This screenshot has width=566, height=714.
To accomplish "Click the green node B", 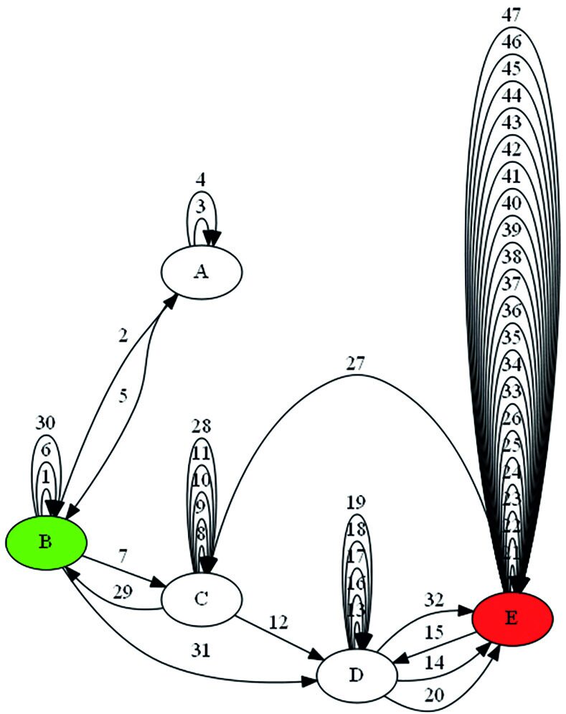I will coord(47,542).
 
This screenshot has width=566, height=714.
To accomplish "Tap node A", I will coord(202,271).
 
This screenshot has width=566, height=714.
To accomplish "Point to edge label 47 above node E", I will coord(511,14).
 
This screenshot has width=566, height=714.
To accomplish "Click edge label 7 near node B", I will coord(123,555).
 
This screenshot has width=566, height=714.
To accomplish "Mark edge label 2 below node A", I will coord(123,335).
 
